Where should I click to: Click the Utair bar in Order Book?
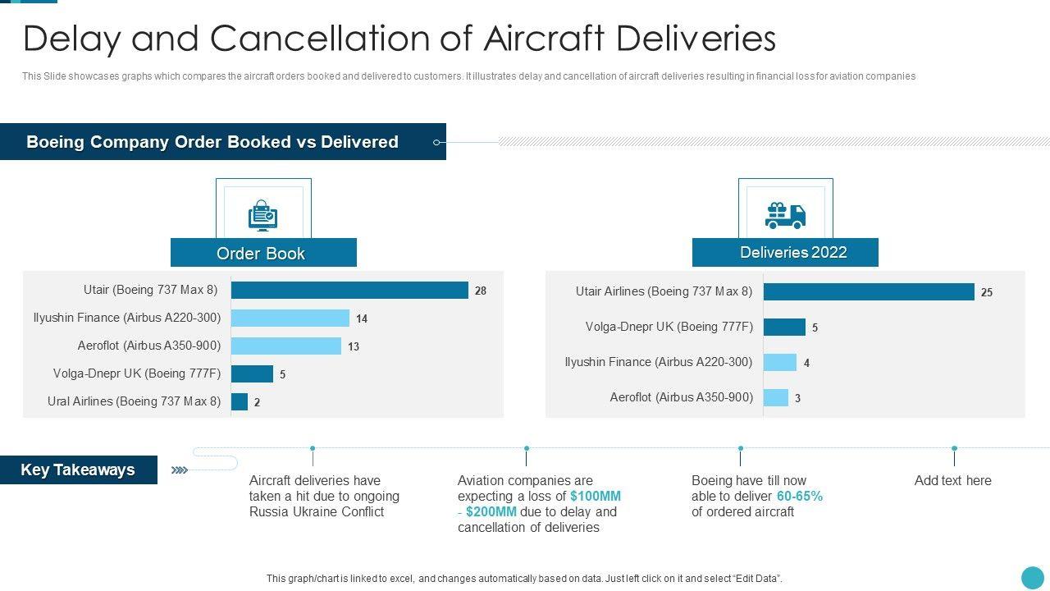point(349,291)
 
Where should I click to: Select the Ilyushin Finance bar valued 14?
point(290,318)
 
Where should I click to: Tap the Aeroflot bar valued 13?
point(286,346)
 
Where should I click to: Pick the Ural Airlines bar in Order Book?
point(240,402)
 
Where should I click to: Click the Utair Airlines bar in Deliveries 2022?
point(869,292)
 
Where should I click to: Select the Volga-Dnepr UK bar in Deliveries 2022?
point(784,328)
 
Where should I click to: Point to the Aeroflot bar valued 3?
point(776,398)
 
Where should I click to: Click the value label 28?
point(481,291)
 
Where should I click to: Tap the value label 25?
point(987,292)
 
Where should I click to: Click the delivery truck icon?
point(785,215)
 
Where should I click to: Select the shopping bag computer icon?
point(263,216)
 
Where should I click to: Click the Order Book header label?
point(261,254)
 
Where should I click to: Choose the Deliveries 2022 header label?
point(793,253)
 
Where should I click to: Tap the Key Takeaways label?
point(78,470)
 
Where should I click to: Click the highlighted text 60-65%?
point(800,497)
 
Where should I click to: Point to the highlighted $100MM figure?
point(596,497)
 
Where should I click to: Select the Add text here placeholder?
point(953,481)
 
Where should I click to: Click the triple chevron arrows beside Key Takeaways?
point(180,470)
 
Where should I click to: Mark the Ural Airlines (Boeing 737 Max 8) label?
point(135,402)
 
